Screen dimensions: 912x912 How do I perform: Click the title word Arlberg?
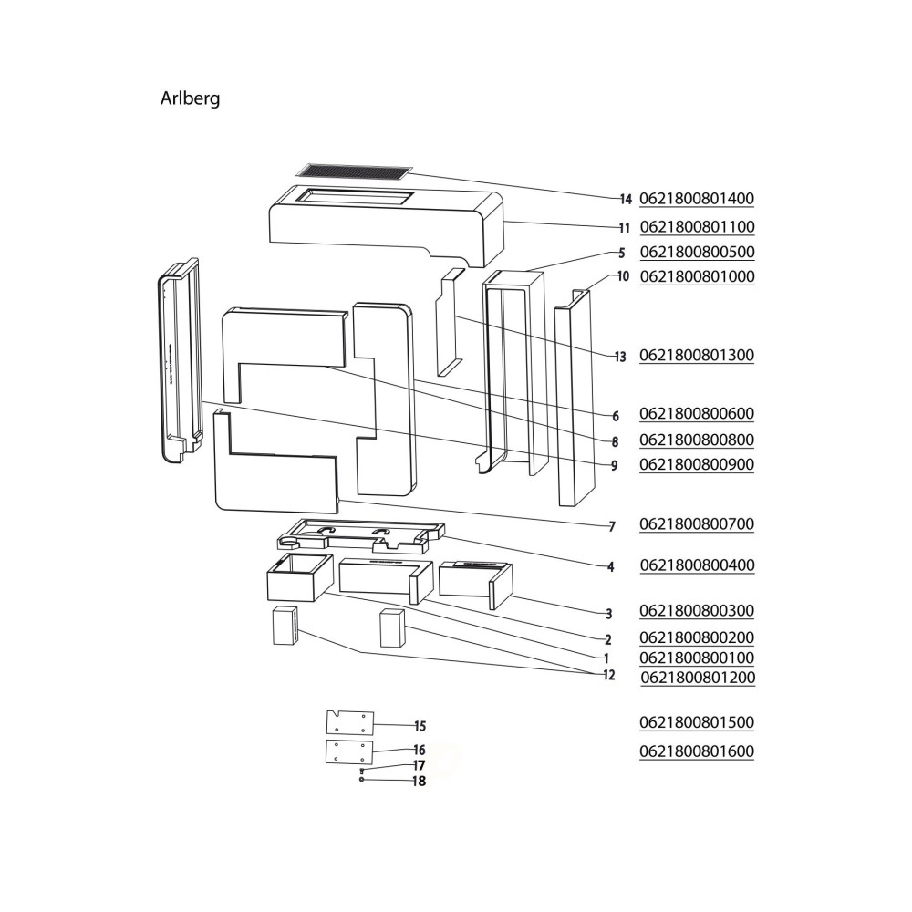pyautogui.click(x=190, y=98)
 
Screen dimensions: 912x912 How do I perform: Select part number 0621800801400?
pyautogui.click(x=698, y=199)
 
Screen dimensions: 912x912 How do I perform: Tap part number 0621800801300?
pyautogui.click(x=698, y=355)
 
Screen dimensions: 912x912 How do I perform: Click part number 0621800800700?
pyautogui.click(x=698, y=524)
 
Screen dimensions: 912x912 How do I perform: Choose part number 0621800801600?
pyautogui.click(x=698, y=751)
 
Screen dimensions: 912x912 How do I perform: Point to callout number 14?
pyautogui.click(x=625, y=199)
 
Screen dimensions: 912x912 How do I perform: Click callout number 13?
pyautogui.click(x=620, y=356)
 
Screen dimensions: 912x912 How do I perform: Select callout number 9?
pyautogui.click(x=615, y=465)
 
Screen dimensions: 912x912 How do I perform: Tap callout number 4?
pyautogui.click(x=611, y=566)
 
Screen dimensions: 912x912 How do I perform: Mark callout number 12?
pyautogui.click(x=607, y=676)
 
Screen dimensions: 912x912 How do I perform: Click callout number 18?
pyautogui.click(x=419, y=782)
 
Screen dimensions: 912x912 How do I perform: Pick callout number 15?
pyautogui.click(x=420, y=727)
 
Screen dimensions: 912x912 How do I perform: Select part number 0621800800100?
pyautogui.click(x=698, y=658)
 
